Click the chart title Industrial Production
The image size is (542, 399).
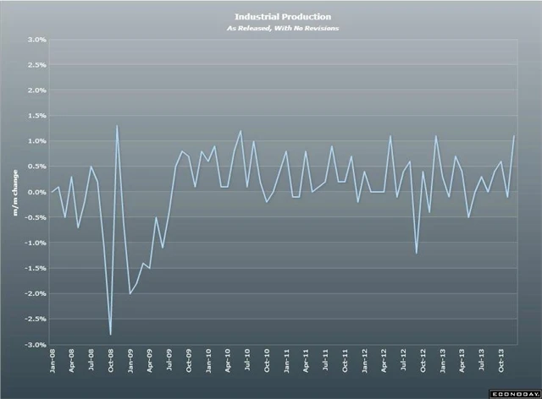coord(271,16)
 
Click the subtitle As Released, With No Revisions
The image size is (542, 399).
coord(271,28)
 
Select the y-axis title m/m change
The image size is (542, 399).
coord(14,193)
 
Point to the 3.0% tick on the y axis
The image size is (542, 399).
coord(36,40)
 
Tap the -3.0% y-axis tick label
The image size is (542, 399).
coord(35,345)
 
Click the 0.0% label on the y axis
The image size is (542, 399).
coord(36,192)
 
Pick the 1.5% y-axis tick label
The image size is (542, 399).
coord(36,116)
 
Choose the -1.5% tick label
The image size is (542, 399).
coord(35,269)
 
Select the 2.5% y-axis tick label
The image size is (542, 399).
coord(36,65)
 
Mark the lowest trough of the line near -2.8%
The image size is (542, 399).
coord(110,335)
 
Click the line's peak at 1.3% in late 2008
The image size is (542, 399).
coord(117,126)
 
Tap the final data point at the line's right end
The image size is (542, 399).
coord(515,136)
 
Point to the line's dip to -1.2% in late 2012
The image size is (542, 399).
coord(417,253)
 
